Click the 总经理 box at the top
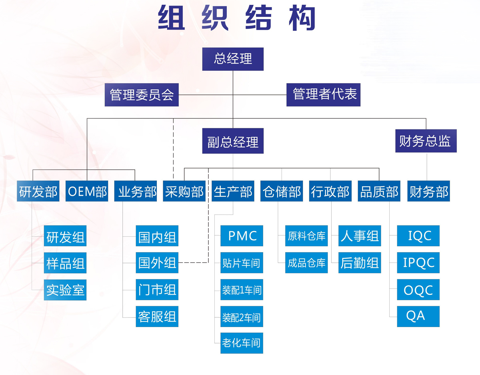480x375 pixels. (233, 59)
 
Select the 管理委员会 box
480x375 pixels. (142, 95)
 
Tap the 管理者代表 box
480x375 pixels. (323, 95)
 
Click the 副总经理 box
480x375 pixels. (233, 141)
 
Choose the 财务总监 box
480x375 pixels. (426, 141)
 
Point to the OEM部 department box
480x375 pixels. (87, 191)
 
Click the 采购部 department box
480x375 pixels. (184, 191)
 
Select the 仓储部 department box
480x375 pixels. (282, 191)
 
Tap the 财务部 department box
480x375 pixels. (428, 191)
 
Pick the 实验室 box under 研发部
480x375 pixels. (65, 290)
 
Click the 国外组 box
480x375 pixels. (157, 263)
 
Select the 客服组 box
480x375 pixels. (157, 316)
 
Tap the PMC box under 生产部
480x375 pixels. (242, 236)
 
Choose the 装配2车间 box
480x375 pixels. (242, 316)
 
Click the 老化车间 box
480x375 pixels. (242, 343)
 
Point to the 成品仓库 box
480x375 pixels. (306, 263)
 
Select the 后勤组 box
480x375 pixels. (360, 263)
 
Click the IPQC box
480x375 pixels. (418, 263)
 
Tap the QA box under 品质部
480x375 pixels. (418, 316)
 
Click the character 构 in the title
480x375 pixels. (302, 18)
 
